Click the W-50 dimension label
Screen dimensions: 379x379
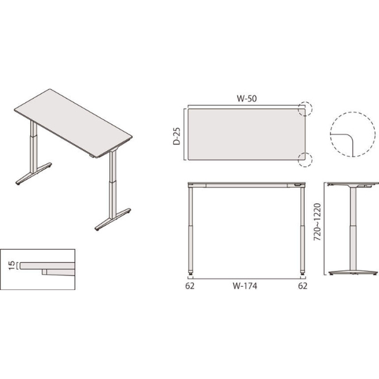tap(246, 99)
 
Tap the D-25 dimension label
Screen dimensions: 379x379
tap(177, 136)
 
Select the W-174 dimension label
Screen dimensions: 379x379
tap(245, 286)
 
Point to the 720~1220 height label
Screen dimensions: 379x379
tap(317, 222)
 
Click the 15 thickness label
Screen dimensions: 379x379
tap(12, 265)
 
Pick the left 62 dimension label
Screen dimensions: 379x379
tap(189, 286)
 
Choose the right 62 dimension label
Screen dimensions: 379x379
tap(303, 286)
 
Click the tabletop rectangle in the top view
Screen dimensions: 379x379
tap(246, 135)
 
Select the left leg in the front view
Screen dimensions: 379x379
tap(191, 230)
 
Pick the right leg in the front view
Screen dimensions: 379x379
tap(303, 230)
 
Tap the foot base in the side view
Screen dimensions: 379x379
tap(353, 272)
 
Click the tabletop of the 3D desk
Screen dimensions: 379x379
tap(73, 123)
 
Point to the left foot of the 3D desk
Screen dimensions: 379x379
tap(34, 174)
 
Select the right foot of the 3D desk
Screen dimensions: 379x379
tap(113, 219)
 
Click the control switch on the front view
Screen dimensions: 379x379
tap(298, 185)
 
